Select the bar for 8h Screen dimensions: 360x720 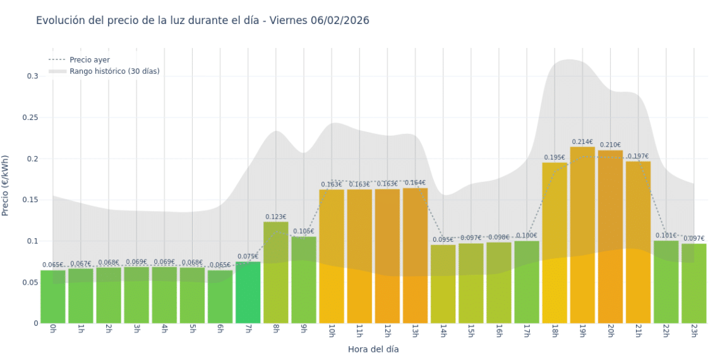[275, 272]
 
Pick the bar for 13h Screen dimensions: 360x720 [415, 256]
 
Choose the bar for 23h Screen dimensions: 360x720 [693, 284]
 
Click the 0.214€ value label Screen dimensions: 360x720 [582, 142]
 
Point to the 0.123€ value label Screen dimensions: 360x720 [275, 217]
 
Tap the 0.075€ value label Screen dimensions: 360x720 [248, 256]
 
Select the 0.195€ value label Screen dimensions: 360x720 [555, 157]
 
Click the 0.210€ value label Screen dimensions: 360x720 [610, 145]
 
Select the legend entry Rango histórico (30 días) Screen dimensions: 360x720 [114, 71]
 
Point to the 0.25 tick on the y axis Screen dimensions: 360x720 [30, 117]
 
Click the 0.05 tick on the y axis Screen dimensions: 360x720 [30, 282]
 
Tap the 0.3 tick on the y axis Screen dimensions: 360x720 [32, 76]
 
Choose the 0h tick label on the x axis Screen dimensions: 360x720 [52, 330]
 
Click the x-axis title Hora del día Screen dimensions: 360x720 [373, 349]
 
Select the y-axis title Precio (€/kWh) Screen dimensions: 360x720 [6, 186]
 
